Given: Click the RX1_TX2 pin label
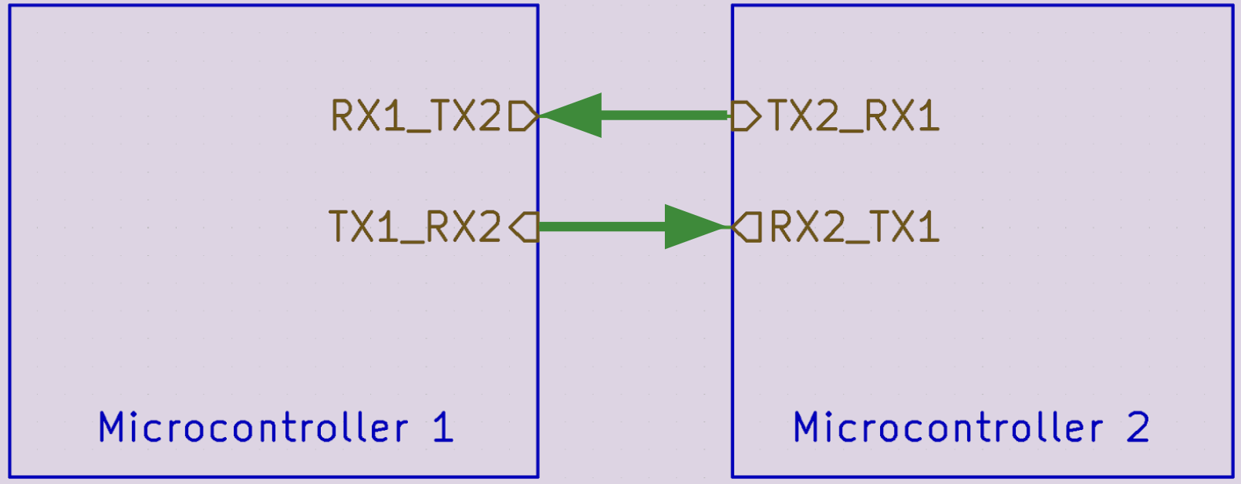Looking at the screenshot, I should [416, 116].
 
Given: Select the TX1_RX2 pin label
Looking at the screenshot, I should [414, 227].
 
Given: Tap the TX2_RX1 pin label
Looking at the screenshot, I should [854, 116].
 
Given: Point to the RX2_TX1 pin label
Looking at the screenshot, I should [855, 227].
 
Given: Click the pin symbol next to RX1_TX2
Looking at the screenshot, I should [523, 116].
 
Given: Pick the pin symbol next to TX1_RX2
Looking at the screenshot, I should [524, 227].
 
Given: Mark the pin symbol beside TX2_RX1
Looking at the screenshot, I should [746, 116].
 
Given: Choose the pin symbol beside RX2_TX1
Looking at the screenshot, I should [747, 227].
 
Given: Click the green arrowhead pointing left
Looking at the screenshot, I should [575, 116].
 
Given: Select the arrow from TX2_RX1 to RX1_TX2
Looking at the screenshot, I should [663, 116].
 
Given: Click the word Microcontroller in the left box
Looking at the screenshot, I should [253, 428].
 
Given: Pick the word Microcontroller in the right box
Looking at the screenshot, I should [948, 428].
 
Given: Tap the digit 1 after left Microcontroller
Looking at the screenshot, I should [443, 428].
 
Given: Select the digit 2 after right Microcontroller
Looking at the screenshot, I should [1138, 428].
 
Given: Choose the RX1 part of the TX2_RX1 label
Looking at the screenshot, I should [902, 116].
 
